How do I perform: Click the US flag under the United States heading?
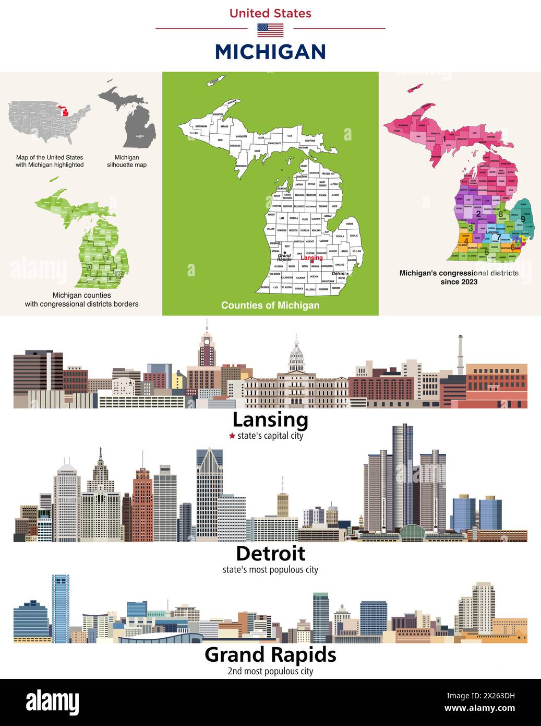[270, 30]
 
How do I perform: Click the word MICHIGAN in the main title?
[270, 52]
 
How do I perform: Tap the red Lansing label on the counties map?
[311, 258]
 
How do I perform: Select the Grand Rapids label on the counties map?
[284, 257]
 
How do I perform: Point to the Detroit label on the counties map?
[339, 274]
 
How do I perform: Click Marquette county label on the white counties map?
[241, 136]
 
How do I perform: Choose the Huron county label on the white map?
[350, 224]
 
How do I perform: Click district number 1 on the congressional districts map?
[444, 138]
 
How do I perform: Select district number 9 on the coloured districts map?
[523, 219]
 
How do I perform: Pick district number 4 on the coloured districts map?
[466, 241]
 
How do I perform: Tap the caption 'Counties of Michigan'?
[270, 305]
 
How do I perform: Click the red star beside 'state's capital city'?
[232, 436]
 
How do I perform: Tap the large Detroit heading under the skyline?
[270, 554]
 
